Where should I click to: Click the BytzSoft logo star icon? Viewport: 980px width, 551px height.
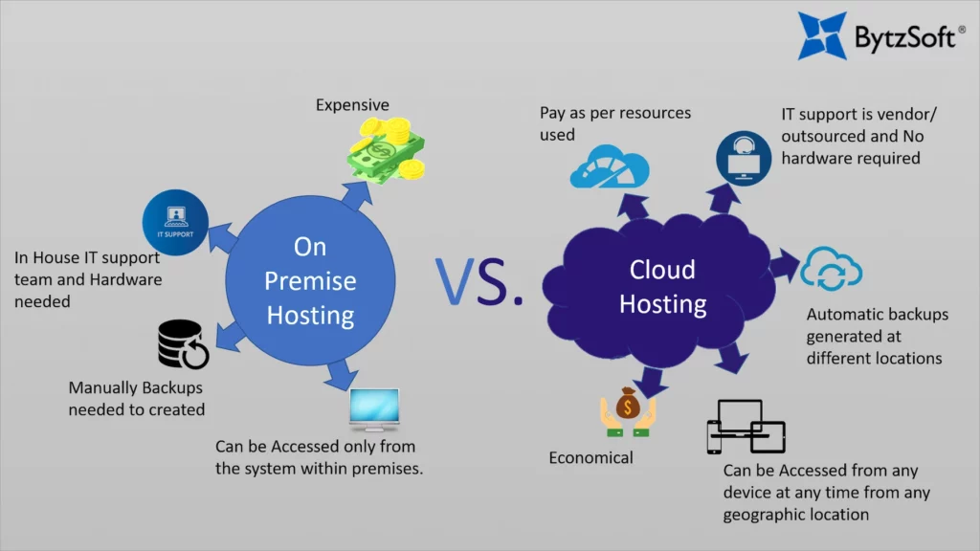(823, 35)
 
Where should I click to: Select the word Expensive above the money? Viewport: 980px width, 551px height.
(352, 104)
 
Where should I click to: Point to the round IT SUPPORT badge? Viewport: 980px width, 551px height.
(175, 222)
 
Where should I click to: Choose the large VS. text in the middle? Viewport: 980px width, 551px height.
(479, 280)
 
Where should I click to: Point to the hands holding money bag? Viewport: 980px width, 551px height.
(628, 412)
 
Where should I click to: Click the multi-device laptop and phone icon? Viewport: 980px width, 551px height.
(746, 427)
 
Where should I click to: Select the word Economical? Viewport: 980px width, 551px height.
(590, 458)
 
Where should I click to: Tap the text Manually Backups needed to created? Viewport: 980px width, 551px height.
(137, 399)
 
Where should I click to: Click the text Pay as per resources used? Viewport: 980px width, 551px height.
(614, 123)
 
